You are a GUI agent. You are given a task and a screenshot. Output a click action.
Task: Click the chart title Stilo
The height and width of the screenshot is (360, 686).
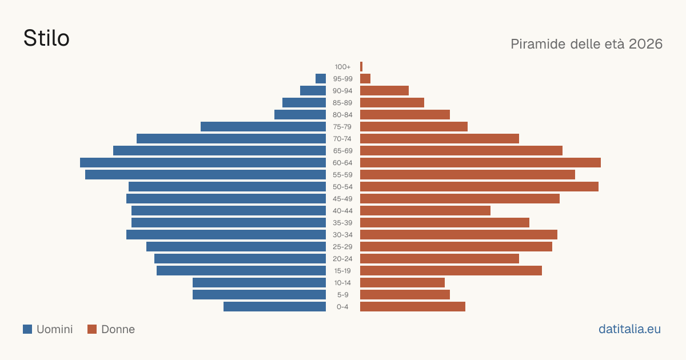(x=46, y=38)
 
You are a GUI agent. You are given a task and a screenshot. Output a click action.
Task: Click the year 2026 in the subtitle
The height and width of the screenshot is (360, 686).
(x=645, y=44)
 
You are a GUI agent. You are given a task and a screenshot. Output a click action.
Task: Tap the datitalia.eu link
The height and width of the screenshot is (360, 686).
(x=629, y=329)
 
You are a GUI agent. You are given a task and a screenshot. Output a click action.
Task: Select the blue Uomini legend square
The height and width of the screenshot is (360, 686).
(x=27, y=329)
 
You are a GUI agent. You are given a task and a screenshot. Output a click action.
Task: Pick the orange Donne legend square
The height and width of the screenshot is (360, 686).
(x=92, y=329)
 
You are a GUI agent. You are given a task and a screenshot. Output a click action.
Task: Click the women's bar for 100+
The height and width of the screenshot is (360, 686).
(x=361, y=67)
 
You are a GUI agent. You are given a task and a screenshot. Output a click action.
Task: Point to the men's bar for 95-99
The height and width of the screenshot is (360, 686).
(x=321, y=79)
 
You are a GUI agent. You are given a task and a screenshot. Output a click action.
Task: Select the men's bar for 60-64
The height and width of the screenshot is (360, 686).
(x=203, y=162)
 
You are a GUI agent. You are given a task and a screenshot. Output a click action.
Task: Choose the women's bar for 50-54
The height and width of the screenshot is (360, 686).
(x=479, y=187)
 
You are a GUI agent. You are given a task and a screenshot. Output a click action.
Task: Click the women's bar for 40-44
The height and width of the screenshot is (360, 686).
(x=425, y=211)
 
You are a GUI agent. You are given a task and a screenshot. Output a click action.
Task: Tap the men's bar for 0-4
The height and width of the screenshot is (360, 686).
(x=275, y=307)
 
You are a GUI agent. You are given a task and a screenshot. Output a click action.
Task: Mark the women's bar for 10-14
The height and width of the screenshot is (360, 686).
(x=402, y=282)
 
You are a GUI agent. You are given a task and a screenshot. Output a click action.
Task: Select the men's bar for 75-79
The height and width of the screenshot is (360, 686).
(x=263, y=127)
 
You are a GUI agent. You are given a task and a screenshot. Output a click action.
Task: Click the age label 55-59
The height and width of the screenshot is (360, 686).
(x=342, y=175)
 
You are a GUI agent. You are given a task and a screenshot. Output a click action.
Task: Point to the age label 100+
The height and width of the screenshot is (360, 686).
(x=342, y=67)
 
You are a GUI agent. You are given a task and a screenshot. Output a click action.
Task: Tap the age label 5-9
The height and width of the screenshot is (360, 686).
(x=342, y=295)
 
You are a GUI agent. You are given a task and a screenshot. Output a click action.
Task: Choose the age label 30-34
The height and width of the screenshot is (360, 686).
(x=342, y=235)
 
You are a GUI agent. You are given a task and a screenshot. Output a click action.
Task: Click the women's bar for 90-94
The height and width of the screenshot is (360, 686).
(x=384, y=91)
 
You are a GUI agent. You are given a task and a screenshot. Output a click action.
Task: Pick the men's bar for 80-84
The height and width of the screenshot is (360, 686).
(x=300, y=115)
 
